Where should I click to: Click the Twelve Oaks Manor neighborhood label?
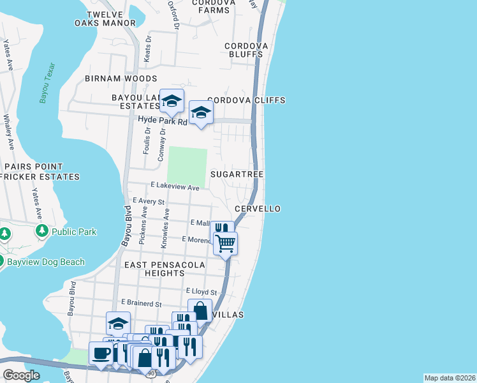(x=111, y=19)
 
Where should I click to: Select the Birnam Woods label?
(x=121, y=79)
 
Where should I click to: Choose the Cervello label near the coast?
(x=257, y=209)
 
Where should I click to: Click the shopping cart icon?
(x=225, y=243)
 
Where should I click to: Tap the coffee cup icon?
(x=101, y=353)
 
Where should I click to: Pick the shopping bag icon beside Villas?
(x=200, y=311)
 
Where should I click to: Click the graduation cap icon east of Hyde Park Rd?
(x=201, y=113)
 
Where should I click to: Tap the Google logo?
(x=22, y=375)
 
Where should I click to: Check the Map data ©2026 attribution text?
(x=450, y=378)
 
